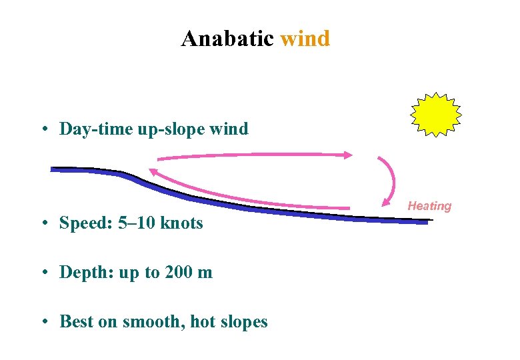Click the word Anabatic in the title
(227, 39)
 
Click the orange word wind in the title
(305, 39)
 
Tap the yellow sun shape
(435, 115)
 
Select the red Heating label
(429, 206)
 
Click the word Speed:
(84, 223)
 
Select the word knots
(180, 223)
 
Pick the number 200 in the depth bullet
(179, 273)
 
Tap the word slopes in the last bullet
(243, 322)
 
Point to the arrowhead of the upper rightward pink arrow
(348, 155)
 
